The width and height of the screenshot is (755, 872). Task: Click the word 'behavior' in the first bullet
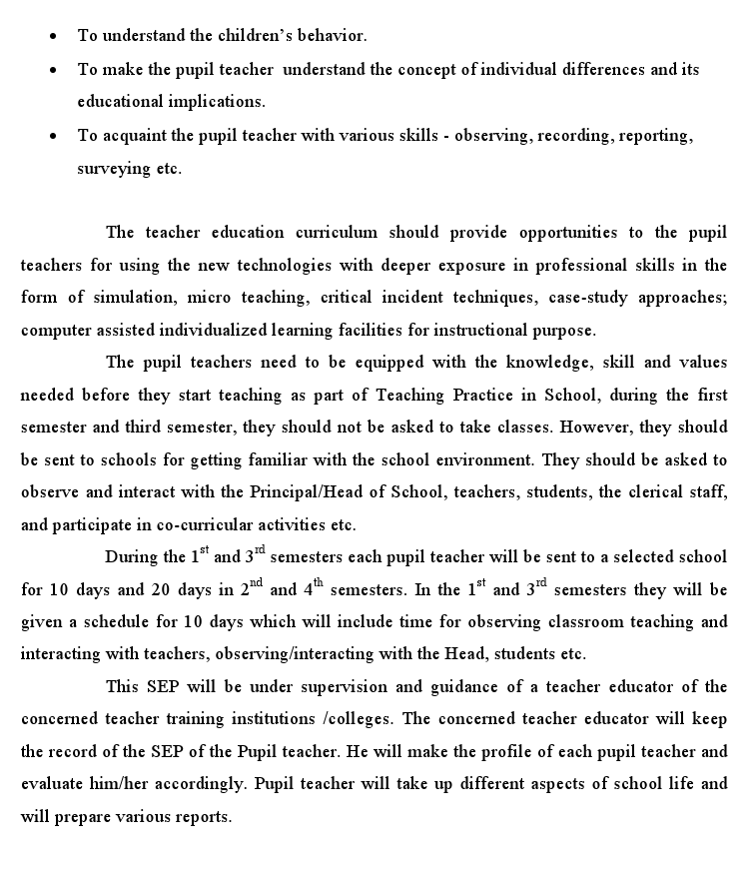click(335, 36)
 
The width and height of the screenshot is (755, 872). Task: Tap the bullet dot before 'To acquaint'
click(53, 136)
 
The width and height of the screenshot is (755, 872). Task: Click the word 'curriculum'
click(337, 233)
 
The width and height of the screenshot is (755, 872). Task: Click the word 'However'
click(593, 428)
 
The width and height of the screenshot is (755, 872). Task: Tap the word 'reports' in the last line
click(202, 817)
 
